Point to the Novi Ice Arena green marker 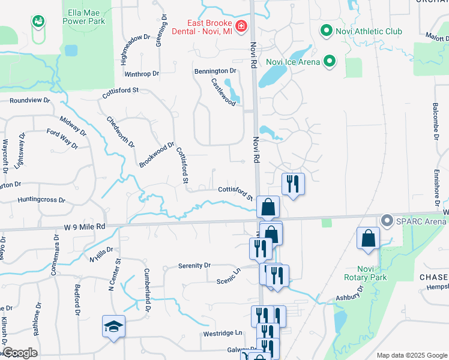pos(330,61)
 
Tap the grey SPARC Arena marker pos(387,221)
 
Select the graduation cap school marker pos(113,326)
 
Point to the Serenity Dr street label pos(195,265)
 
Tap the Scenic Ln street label pos(229,276)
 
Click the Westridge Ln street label pos(222,332)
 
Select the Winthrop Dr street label pos(142,74)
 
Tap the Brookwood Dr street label pos(157,154)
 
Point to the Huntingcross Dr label pos(41,199)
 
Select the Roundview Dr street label pos(28,100)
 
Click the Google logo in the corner pos(20,353)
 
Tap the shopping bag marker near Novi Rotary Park pos(368,238)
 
